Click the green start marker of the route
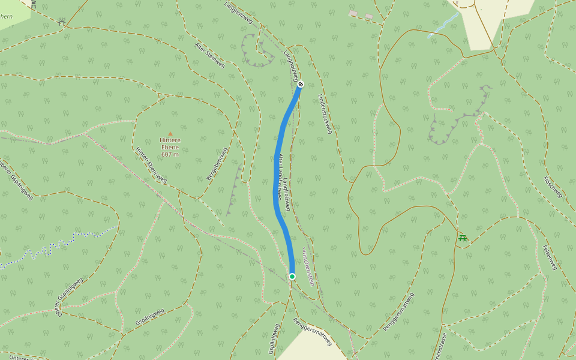[x=292, y=276]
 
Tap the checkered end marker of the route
[x=301, y=84]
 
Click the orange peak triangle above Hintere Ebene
[x=170, y=134]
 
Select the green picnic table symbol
[x=463, y=238]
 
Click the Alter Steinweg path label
[x=210, y=55]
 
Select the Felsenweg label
[x=550, y=257]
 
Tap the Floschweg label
[x=553, y=187]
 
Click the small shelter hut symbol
[x=62, y=23]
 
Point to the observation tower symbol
[x=34, y=4]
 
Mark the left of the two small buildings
[x=353, y=13]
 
